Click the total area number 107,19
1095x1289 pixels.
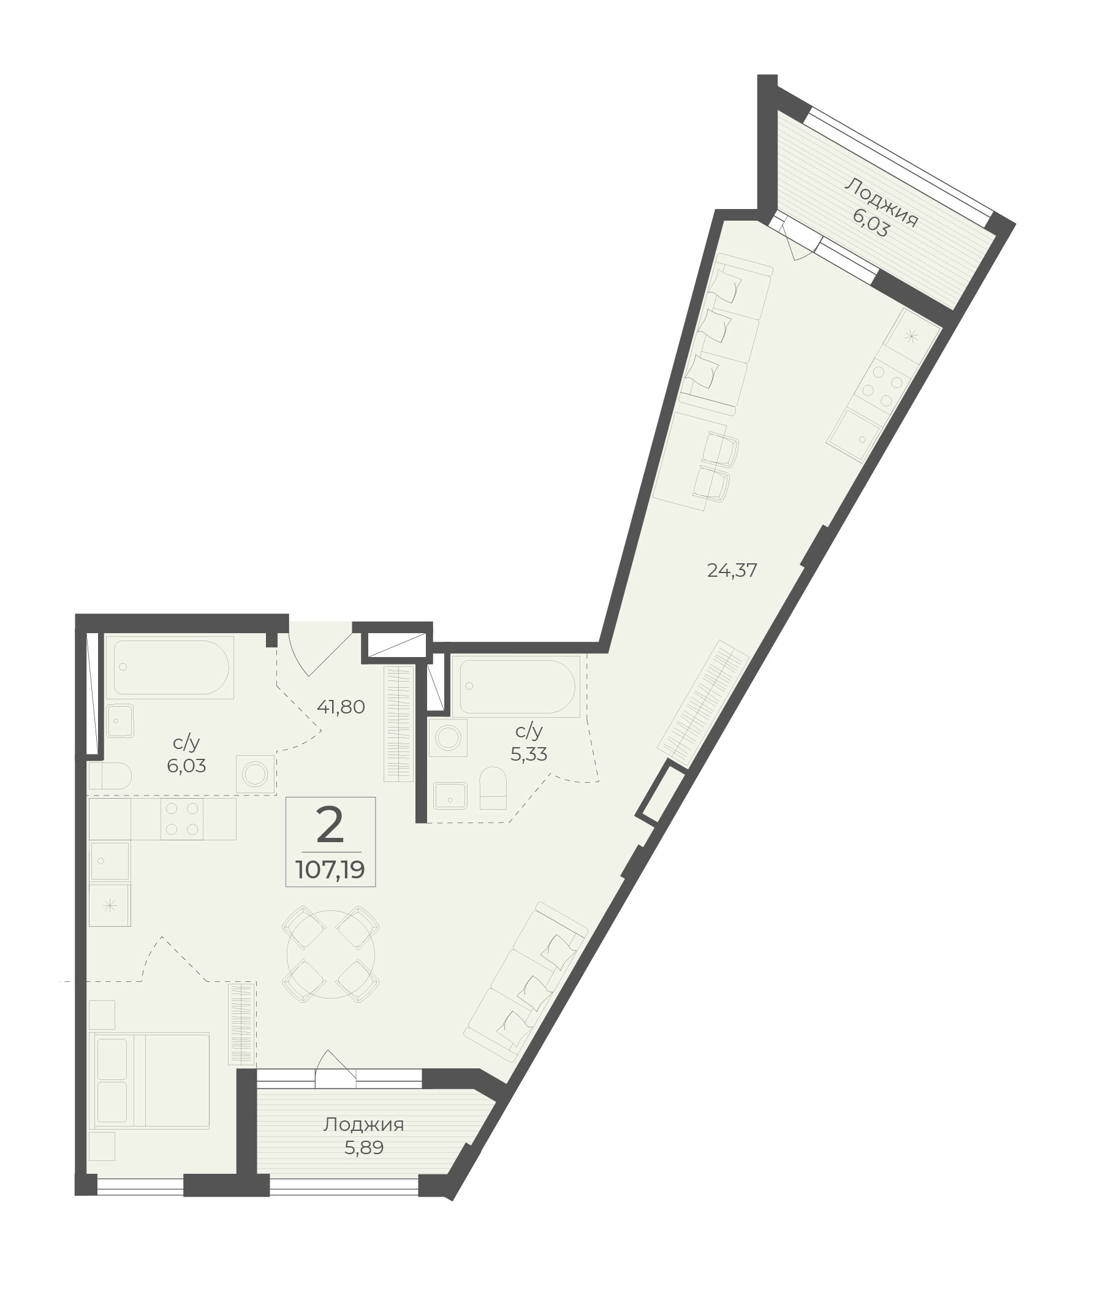[330, 870]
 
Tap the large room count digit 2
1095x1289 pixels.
[330, 824]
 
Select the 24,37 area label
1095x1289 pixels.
[732, 570]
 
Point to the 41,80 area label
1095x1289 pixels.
[341, 707]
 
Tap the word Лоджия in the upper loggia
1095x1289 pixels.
[882, 202]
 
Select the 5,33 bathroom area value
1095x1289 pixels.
[529, 755]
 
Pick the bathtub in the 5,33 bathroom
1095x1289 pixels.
[516, 686]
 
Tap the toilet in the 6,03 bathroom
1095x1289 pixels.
[110, 775]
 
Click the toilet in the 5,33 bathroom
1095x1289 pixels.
[493, 788]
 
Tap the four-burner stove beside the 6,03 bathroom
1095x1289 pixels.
[183, 818]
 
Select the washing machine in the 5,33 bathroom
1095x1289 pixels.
[447, 737]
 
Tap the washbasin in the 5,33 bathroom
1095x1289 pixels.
[450, 796]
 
